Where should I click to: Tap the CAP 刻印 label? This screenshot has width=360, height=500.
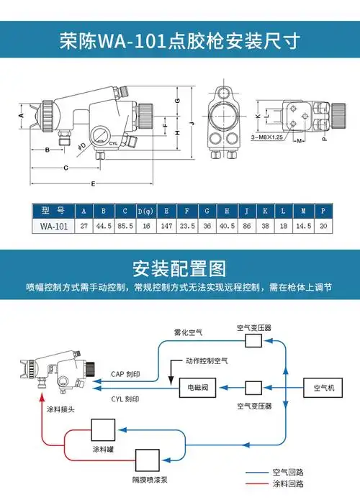point(125,375)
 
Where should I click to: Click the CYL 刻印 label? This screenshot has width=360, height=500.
point(125,399)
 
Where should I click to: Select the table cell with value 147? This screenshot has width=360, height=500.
point(167,226)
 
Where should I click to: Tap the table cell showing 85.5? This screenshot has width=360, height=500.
point(125,226)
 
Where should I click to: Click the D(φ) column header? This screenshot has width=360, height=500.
point(146,211)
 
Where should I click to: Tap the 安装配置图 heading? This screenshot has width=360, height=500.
point(179,270)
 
